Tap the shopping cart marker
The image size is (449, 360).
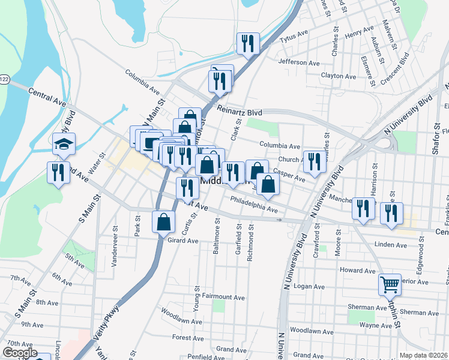(390, 285)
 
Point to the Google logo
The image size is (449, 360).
(20, 353)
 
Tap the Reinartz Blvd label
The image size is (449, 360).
(240, 112)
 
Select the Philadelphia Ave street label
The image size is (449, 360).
(254, 205)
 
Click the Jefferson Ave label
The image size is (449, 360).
(299, 62)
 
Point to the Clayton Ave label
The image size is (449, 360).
(339, 76)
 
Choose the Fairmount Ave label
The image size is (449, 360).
(223, 297)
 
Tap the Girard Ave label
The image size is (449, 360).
(182, 241)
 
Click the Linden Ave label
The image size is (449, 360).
(390, 245)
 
